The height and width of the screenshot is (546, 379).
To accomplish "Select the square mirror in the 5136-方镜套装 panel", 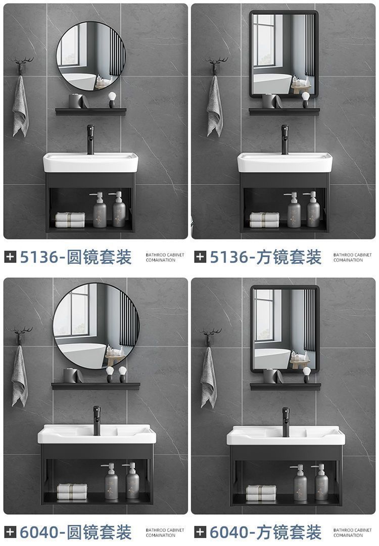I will [x=284, y=55].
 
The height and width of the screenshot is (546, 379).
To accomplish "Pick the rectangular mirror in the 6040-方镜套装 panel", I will [x=285, y=328].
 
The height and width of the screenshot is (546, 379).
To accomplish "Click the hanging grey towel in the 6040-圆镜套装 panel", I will [x=20, y=376].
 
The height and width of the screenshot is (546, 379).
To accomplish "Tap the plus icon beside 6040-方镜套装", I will [x=201, y=531].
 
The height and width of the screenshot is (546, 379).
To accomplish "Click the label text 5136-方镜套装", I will [x=266, y=257].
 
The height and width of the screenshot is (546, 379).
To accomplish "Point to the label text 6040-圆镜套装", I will [x=76, y=531].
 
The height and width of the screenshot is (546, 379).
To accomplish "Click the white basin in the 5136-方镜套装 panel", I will [x=284, y=163].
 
